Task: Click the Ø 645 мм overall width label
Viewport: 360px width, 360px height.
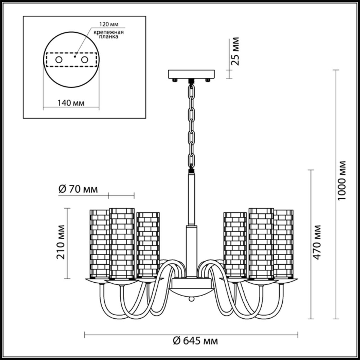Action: click(x=195, y=340)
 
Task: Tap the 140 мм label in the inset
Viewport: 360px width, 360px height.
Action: click(x=71, y=103)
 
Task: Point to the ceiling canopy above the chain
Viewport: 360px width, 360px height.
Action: click(x=191, y=75)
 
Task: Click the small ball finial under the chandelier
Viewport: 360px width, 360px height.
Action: click(x=192, y=299)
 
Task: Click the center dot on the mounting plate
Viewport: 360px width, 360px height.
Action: click(x=75, y=57)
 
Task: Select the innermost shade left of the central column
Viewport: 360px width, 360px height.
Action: click(x=148, y=245)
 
